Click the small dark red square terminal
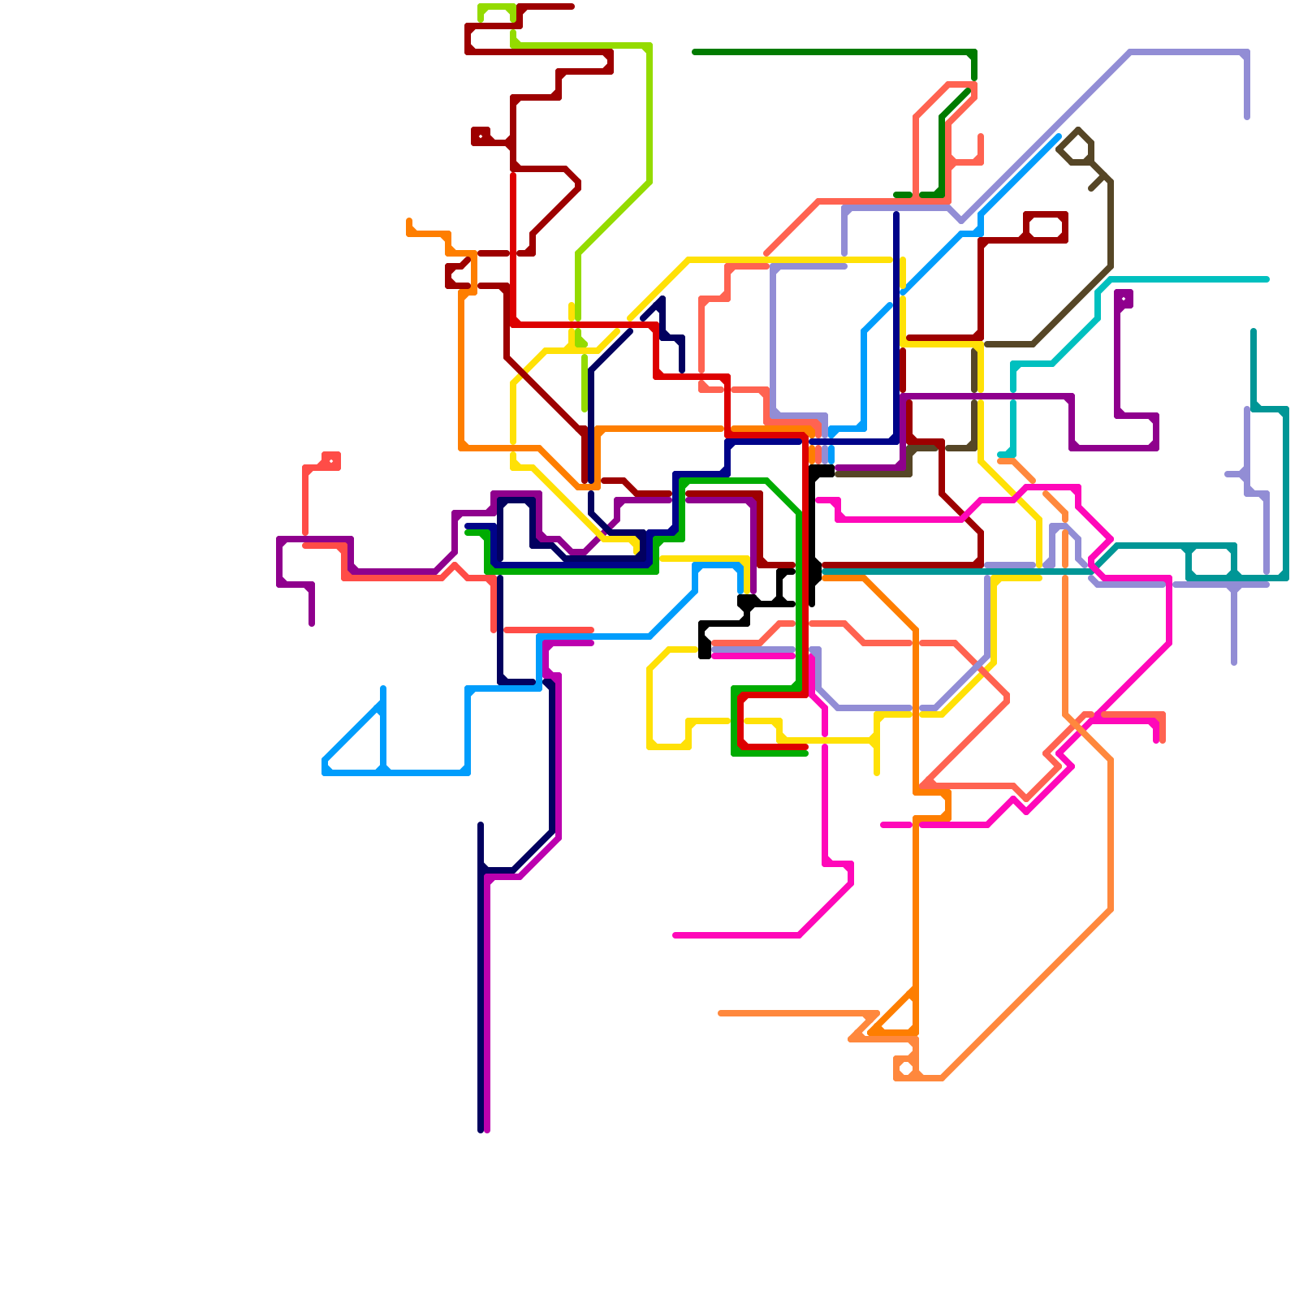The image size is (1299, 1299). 481,136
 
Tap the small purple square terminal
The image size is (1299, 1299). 1124,299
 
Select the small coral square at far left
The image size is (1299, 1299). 331,461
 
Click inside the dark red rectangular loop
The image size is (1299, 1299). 1046,227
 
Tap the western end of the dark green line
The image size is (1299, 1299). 695,52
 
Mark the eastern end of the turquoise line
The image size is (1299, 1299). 1267,279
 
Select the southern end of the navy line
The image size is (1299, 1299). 481,1129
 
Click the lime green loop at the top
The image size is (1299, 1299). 496,16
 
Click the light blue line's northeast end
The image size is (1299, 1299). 1059,136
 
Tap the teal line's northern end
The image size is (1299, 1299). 1254,331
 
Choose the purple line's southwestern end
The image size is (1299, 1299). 312,624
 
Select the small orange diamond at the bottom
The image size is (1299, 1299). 906,1068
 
